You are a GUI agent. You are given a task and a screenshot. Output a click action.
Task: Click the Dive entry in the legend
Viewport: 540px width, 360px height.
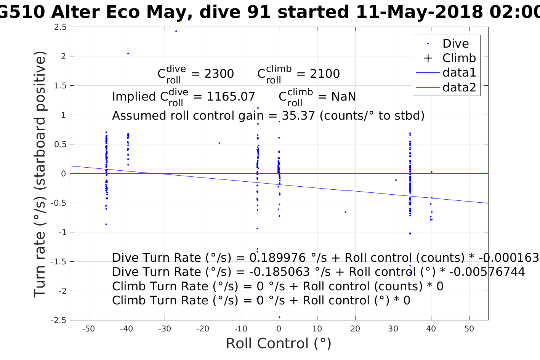[x=455, y=43]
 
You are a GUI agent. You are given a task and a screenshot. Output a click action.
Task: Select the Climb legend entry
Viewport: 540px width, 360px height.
[x=459, y=58]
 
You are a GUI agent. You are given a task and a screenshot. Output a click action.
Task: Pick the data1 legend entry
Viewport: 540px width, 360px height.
[x=459, y=72]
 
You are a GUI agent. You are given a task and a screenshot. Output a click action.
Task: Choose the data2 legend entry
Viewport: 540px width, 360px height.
[x=459, y=87]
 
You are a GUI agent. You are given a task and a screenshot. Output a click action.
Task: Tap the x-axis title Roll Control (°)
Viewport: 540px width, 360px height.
[x=279, y=343]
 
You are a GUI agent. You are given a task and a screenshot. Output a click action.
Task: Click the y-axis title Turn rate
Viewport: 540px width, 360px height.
[x=40, y=174]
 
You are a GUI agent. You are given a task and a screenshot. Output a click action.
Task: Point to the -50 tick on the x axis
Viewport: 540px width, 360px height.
[x=88, y=329]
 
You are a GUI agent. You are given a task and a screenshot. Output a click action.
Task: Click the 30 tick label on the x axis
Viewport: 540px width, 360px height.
[x=393, y=329]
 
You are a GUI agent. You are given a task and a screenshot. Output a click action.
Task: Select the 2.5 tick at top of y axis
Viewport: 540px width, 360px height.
[x=60, y=27]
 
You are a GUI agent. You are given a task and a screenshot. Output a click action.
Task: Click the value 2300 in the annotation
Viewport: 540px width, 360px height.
[x=219, y=74]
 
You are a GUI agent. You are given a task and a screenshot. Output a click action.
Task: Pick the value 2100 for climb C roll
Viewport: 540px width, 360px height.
[x=325, y=74]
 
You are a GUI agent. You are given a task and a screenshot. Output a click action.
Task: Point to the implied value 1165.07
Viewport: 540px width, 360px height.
[x=231, y=97]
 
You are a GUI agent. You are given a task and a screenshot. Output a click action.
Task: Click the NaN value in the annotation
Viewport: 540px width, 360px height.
[x=343, y=97]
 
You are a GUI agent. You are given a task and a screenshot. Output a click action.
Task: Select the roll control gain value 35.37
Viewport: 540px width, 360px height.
[x=298, y=115]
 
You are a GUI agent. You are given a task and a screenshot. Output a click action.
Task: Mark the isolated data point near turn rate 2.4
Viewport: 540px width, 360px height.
[x=176, y=31]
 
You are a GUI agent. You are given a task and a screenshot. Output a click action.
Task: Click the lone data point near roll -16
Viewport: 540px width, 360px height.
[x=220, y=143]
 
